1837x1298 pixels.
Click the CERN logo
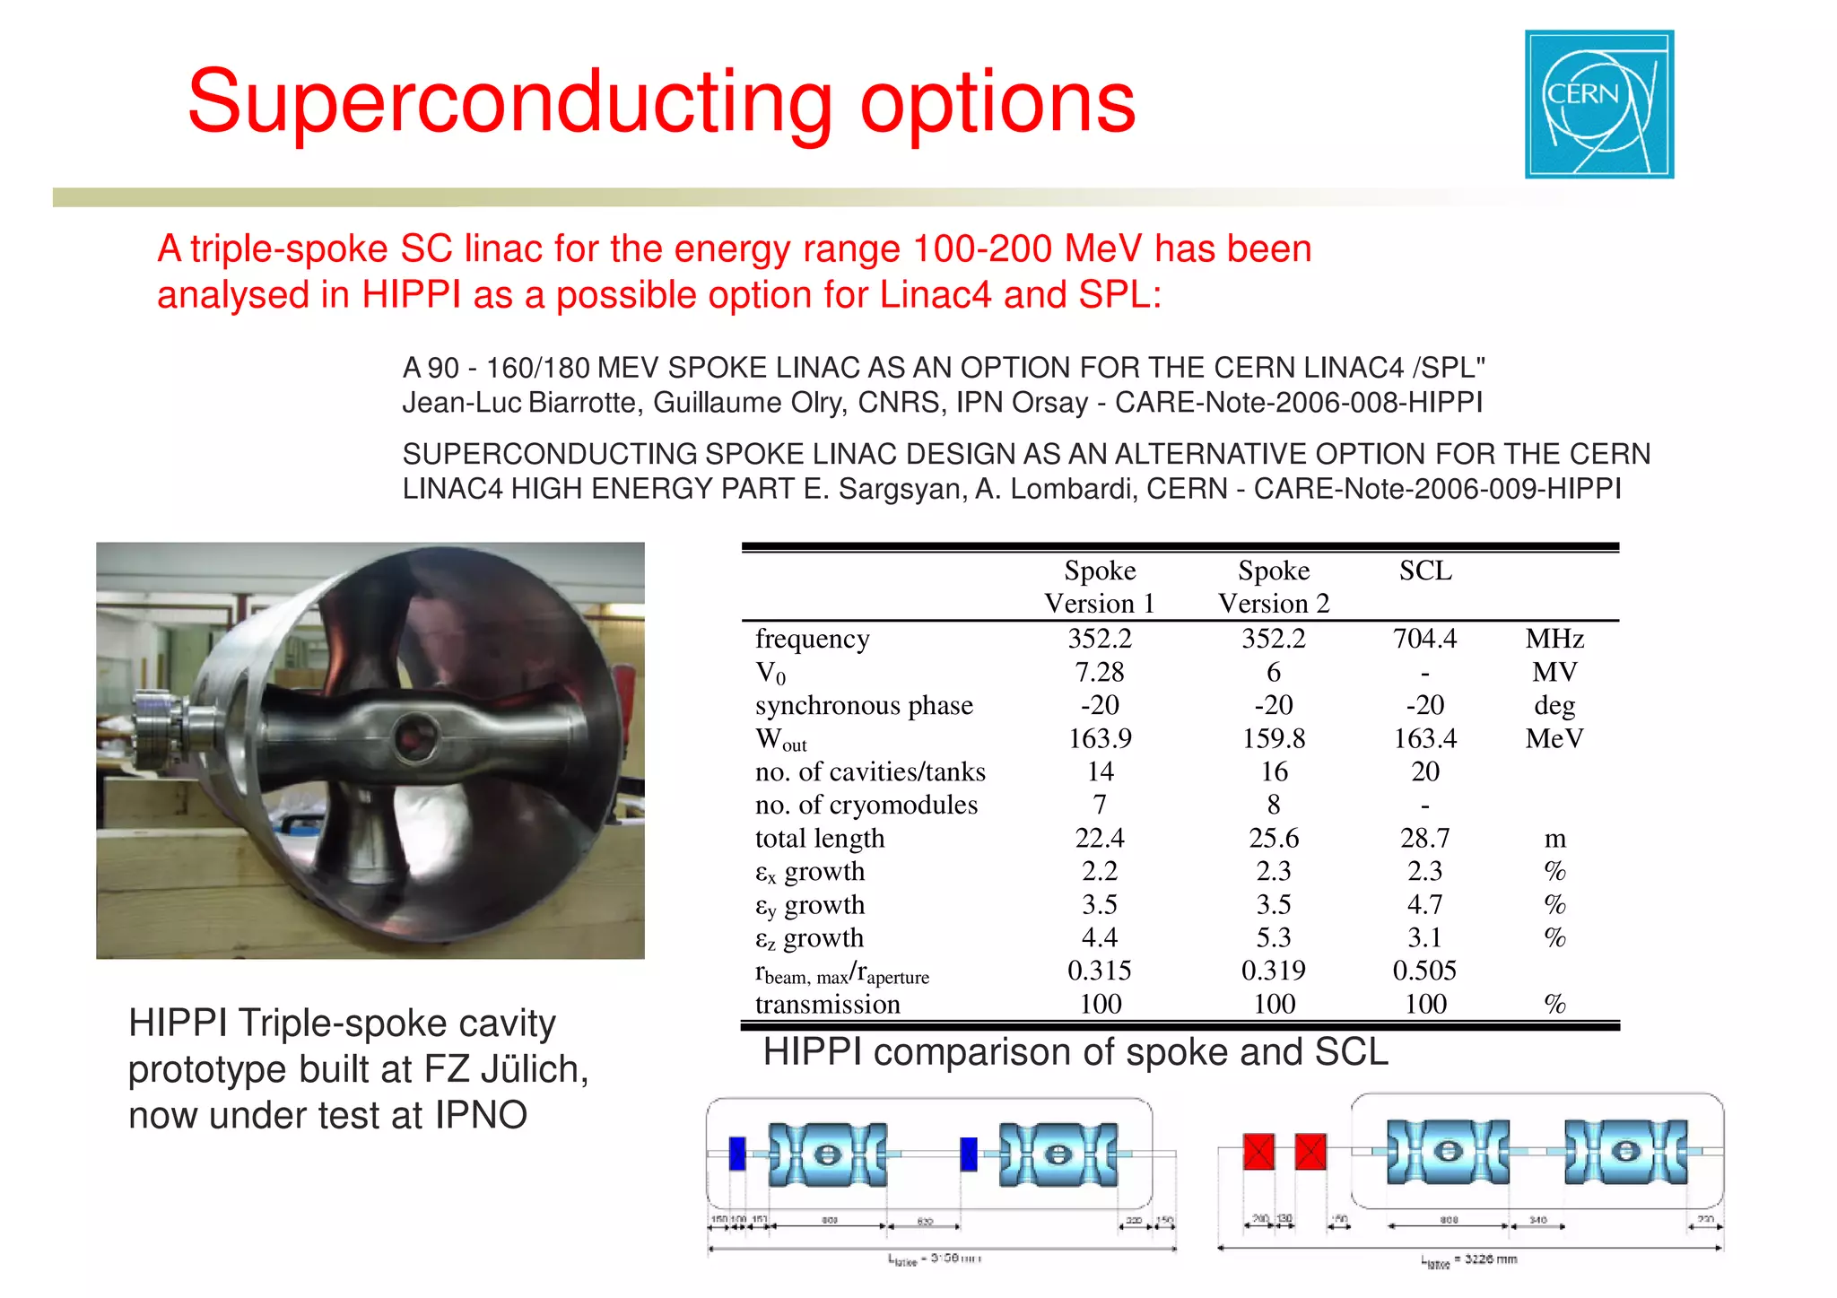(x=1598, y=104)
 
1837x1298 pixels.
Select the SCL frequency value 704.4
(x=1424, y=639)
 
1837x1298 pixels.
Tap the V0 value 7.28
(x=1099, y=672)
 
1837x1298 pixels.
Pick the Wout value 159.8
(x=1273, y=738)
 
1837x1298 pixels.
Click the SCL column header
(x=1424, y=571)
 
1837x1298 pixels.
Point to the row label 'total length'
(x=819, y=838)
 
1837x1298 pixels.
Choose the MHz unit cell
(x=1554, y=639)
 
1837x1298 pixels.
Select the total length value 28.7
(x=1424, y=838)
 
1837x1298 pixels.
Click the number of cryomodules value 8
(x=1273, y=805)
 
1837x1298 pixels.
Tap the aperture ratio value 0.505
(x=1424, y=971)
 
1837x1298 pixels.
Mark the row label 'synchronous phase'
(x=863, y=705)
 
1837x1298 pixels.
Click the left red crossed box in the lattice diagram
(x=1258, y=1151)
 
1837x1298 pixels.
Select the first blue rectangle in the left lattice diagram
(x=737, y=1154)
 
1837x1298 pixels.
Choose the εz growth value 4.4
(x=1099, y=937)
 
